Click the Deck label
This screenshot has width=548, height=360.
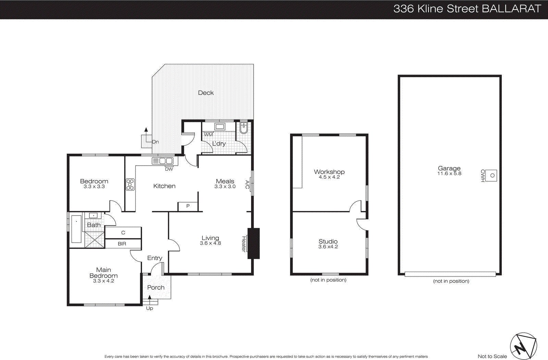click(x=206, y=93)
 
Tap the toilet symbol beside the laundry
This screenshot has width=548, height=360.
click(x=244, y=128)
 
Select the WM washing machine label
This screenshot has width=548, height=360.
click(x=208, y=134)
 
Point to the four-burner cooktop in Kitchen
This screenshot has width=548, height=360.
click(x=130, y=184)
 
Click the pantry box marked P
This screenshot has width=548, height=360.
click(x=188, y=206)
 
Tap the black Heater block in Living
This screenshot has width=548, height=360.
click(x=253, y=243)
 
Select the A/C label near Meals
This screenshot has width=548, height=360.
click(x=247, y=184)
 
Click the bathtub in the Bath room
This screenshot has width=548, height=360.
click(x=76, y=229)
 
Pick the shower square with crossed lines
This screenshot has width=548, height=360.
click(x=95, y=239)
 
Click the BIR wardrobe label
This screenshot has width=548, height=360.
click(x=122, y=244)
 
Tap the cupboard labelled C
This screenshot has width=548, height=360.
click(x=123, y=233)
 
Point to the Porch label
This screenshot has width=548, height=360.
click(x=156, y=287)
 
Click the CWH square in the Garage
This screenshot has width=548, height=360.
click(x=492, y=175)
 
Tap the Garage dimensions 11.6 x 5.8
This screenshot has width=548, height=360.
click(x=449, y=173)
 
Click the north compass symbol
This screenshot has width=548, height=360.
click(x=523, y=346)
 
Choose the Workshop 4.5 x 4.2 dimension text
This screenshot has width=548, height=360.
click(x=329, y=177)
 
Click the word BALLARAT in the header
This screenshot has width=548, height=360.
click(x=511, y=9)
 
